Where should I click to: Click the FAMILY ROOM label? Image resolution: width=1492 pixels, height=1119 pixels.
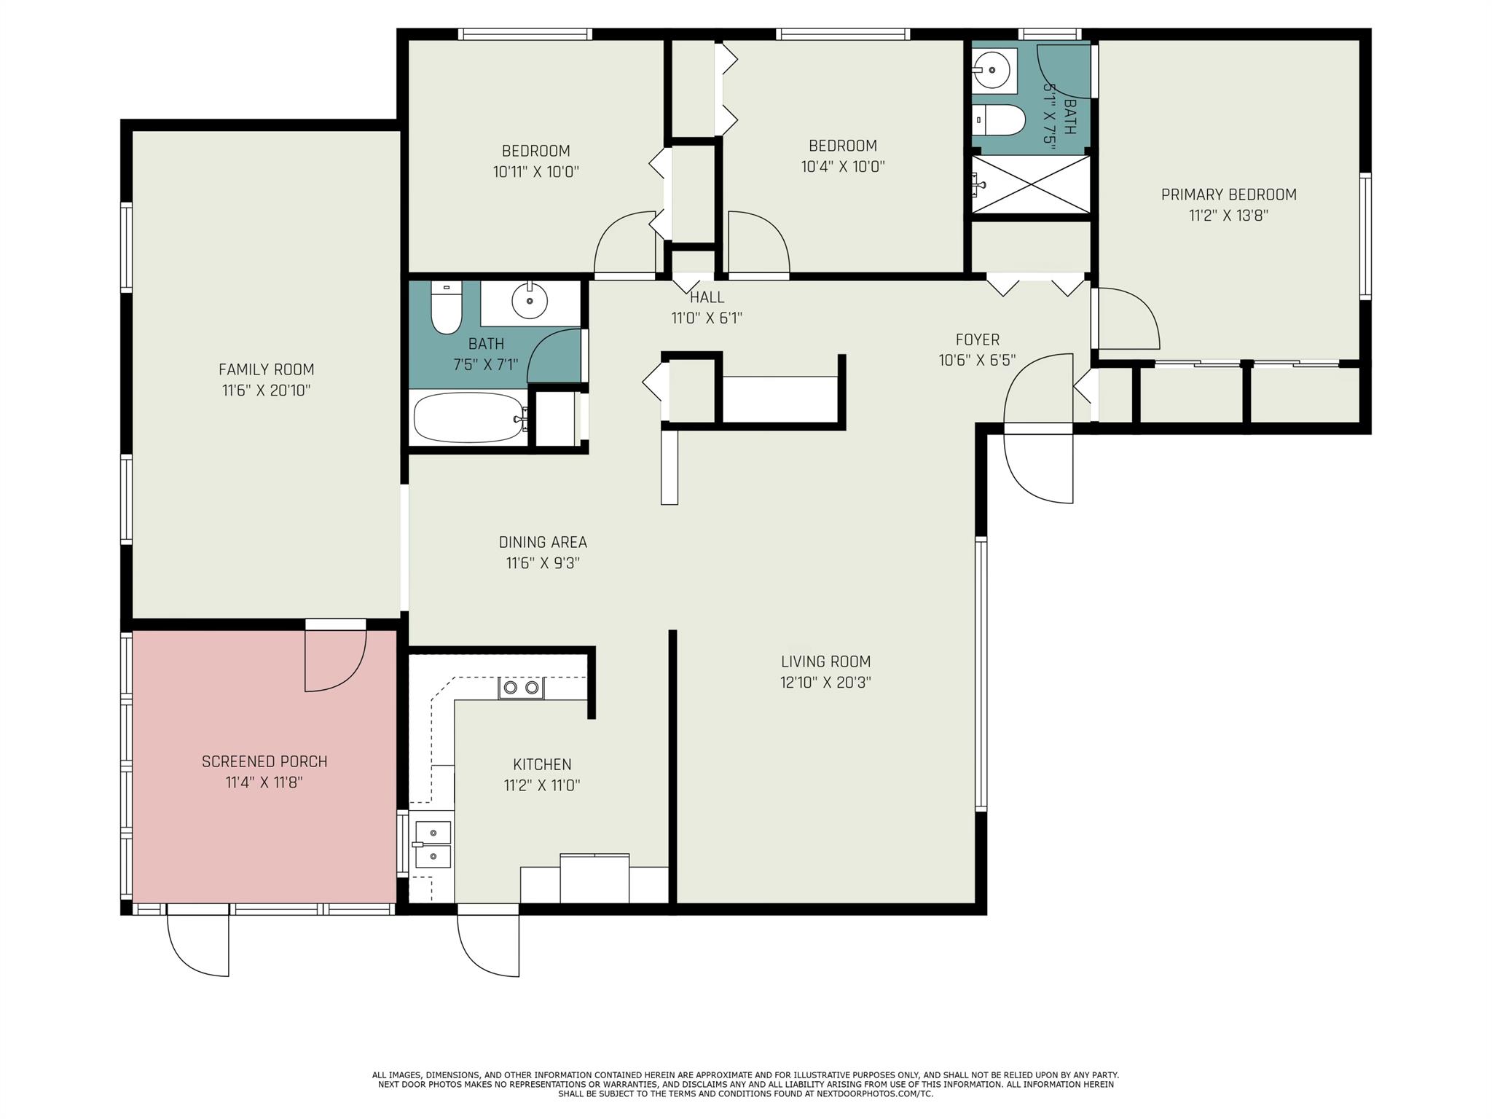tap(266, 369)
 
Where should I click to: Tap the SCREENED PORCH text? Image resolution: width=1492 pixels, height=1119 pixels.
tap(264, 761)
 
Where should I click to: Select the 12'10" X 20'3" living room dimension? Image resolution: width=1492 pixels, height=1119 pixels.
tap(825, 683)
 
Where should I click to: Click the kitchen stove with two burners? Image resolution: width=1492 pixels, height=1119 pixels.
tap(521, 688)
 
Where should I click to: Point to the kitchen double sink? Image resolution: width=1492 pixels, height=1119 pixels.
tap(433, 844)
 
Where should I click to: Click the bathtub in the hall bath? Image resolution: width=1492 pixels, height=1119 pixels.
tap(468, 417)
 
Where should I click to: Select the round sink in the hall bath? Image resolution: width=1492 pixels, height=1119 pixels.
tap(530, 300)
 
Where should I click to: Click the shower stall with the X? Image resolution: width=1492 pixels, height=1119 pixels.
tap(1031, 184)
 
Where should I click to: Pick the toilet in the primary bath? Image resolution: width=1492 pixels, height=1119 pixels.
tap(1000, 119)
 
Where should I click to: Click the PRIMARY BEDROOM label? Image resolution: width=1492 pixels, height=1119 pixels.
tap(1228, 195)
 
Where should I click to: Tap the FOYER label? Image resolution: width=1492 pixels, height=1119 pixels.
tap(977, 339)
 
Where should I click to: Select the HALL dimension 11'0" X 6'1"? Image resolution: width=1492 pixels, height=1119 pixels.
tap(706, 318)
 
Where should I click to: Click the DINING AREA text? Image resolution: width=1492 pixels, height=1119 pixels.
tap(542, 542)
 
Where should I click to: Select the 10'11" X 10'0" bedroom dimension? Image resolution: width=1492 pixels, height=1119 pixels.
tap(535, 172)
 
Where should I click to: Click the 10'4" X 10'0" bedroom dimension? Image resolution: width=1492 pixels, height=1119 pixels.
tap(842, 167)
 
